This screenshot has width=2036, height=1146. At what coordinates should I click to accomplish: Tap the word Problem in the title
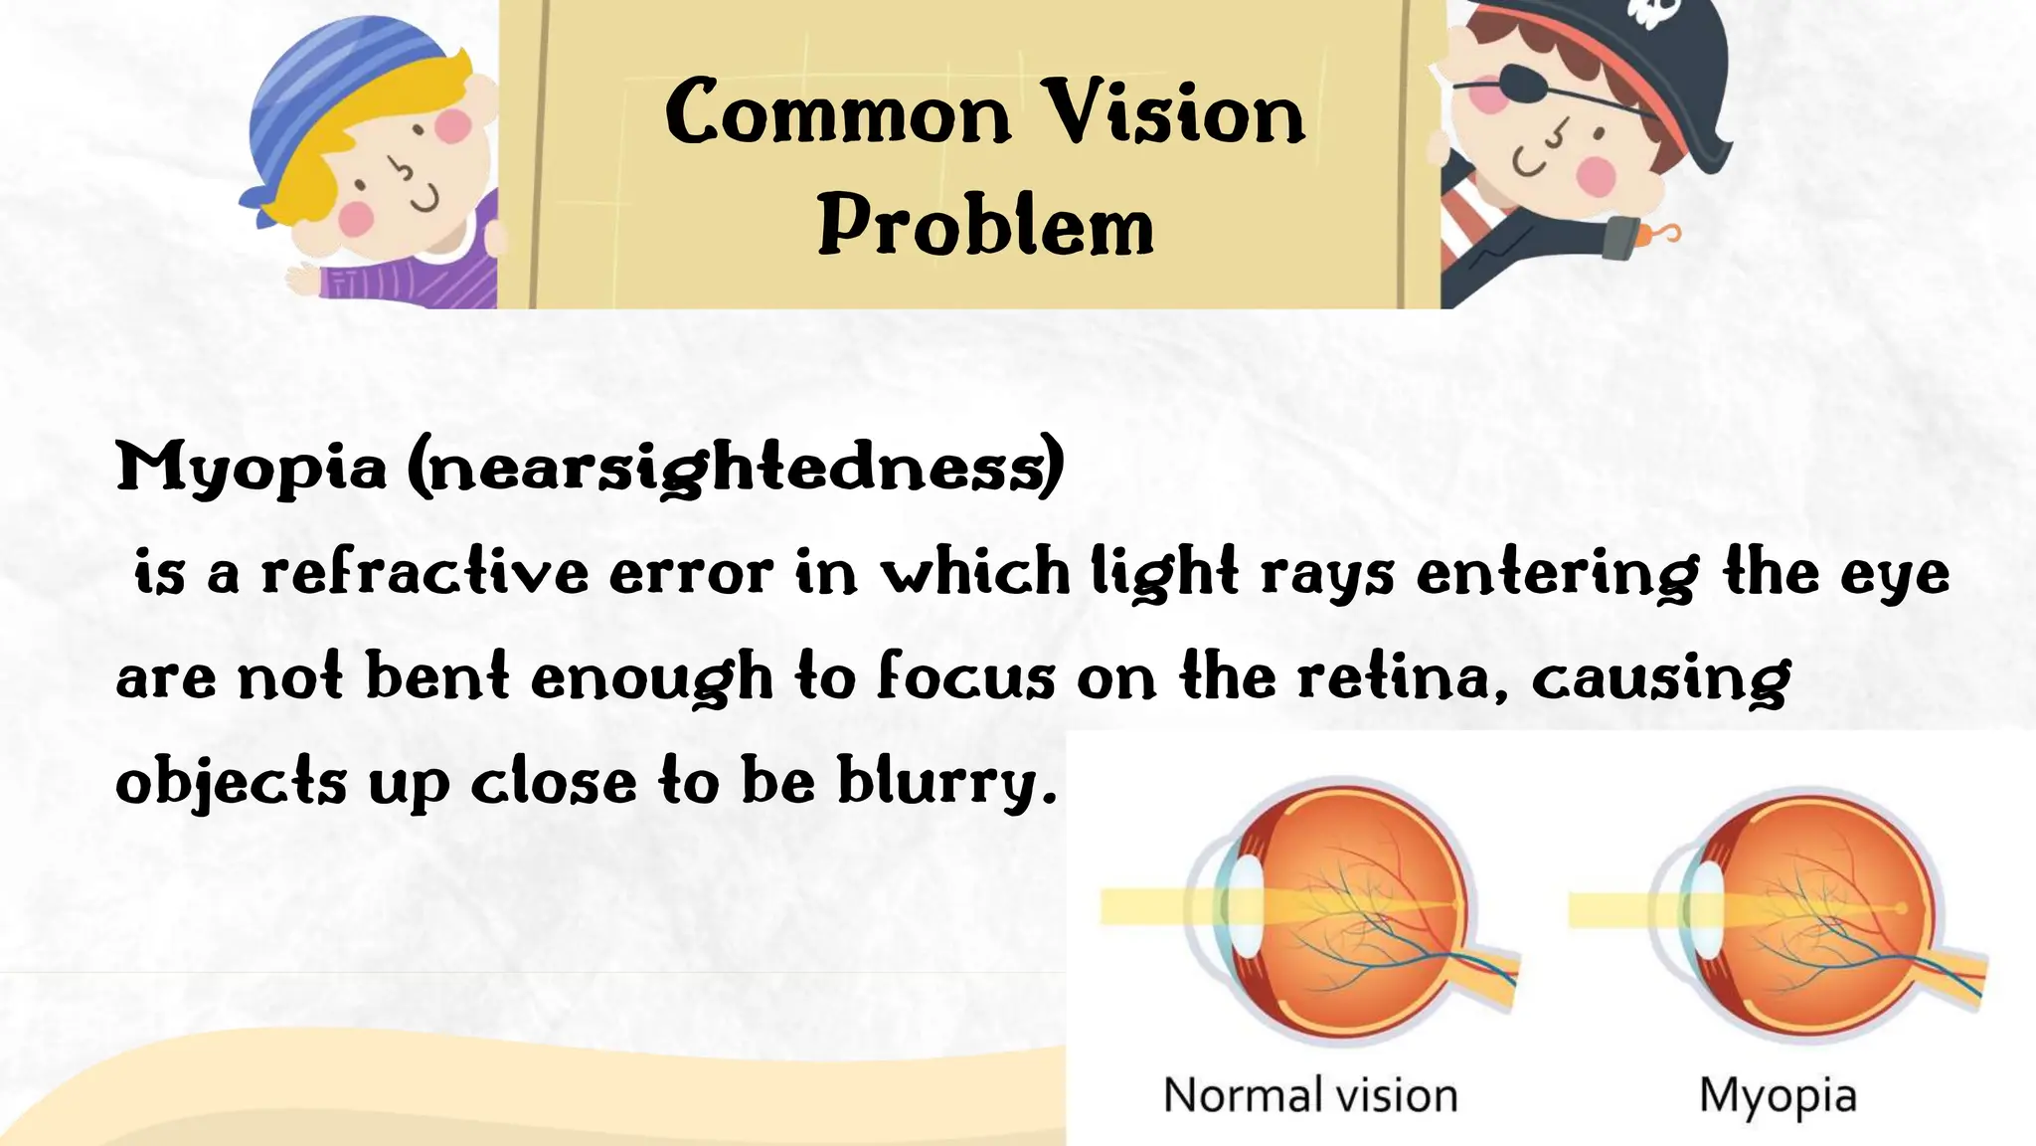(985, 227)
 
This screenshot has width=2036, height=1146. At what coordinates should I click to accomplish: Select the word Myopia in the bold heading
(251, 468)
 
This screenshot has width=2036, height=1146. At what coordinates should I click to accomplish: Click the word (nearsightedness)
(737, 468)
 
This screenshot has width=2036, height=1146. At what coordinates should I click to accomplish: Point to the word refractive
(424, 574)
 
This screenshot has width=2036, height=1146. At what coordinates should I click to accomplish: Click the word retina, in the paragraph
(1403, 678)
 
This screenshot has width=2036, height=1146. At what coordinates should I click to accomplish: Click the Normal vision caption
(1310, 1095)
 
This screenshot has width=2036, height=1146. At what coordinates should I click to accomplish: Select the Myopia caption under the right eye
(1778, 1095)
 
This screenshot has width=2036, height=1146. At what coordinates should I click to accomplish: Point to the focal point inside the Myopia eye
(1901, 908)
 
